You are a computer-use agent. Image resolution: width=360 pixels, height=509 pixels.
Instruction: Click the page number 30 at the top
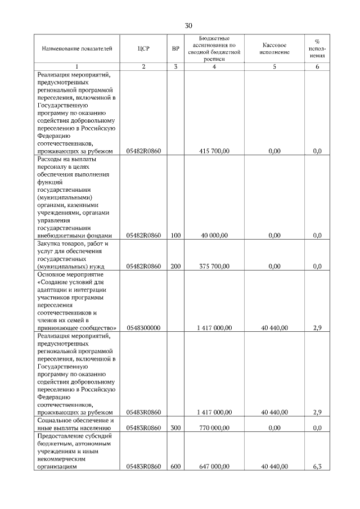(188, 25)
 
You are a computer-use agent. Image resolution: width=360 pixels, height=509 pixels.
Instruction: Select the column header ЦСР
(143, 48)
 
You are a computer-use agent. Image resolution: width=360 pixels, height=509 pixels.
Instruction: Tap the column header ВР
(175, 48)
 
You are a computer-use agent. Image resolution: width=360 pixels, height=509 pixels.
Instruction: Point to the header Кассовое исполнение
(274, 48)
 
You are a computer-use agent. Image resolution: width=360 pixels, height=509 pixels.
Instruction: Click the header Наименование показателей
(77, 48)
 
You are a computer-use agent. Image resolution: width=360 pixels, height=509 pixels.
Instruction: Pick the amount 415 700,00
(214, 151)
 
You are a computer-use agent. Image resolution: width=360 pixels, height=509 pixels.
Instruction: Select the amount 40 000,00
(214, 235)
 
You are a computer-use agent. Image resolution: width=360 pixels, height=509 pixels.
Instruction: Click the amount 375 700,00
(214, 266)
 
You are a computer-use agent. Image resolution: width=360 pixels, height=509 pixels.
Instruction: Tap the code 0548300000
(144, 327)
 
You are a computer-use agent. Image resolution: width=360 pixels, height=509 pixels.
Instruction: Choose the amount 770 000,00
(214, 427)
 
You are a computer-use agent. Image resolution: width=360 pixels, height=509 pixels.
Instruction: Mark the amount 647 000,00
(214, 466)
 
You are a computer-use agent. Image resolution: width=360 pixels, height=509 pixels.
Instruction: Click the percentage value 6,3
(317, 466)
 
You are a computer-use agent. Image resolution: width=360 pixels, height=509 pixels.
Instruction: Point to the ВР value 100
(175, 235)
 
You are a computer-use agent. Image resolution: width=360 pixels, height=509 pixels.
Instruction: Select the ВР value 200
(175, 266)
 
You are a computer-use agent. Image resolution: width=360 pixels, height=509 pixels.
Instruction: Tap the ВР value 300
(175, 427)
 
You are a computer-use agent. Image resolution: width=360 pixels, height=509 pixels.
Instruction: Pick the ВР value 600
(175, 466)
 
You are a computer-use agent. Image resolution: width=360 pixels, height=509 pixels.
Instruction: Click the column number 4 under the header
(214, 67)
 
